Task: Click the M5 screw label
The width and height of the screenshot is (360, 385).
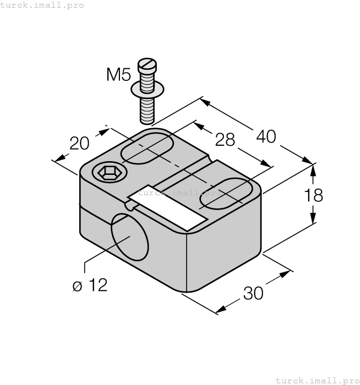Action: (x=118, y=74)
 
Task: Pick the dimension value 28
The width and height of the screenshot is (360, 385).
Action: (x=225, y=139)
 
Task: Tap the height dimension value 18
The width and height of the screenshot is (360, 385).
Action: (x=313, y=195)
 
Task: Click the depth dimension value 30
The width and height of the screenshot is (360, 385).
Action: (x=253, y=293)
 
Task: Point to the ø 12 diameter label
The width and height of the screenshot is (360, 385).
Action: (x=90, y=285)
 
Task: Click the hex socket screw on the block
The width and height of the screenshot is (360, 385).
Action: (x=108, y=173)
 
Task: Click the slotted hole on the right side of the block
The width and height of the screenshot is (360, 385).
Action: (x=226, y=194)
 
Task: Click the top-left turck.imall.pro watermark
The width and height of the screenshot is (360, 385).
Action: (x=42, y=5)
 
